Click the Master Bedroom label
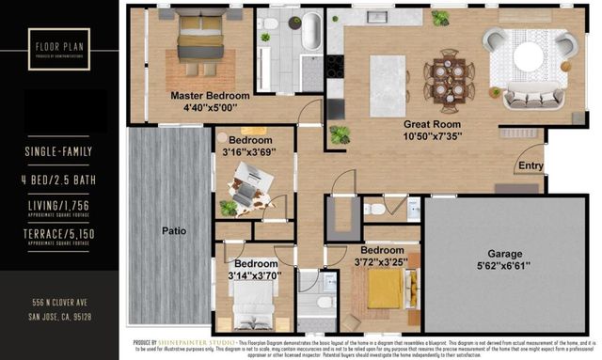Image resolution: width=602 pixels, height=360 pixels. click(209, 96)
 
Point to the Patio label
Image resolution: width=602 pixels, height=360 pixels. click(173, 230)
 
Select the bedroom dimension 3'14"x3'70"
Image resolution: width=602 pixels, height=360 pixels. click(255, 275)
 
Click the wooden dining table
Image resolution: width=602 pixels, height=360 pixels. click(445, 75)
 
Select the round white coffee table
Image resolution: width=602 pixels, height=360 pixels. click(529, 55)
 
